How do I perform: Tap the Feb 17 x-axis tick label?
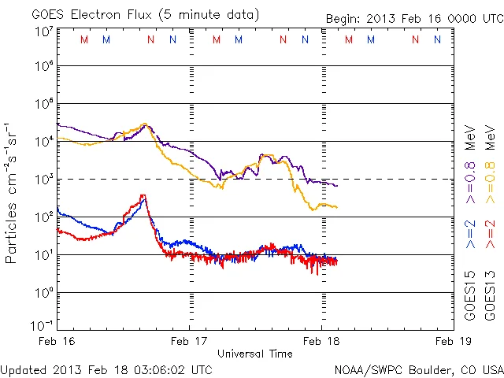click(190, 341)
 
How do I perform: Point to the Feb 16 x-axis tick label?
click(58, 341)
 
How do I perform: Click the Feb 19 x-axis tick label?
click(452, 341)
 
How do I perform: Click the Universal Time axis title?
click(255, 354)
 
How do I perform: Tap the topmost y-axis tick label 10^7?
click(43, 31)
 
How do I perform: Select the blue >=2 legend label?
click(469, 235)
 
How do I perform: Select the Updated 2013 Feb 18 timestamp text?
click(106, 369)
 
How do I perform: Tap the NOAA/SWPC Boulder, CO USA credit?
click(417, 369)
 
